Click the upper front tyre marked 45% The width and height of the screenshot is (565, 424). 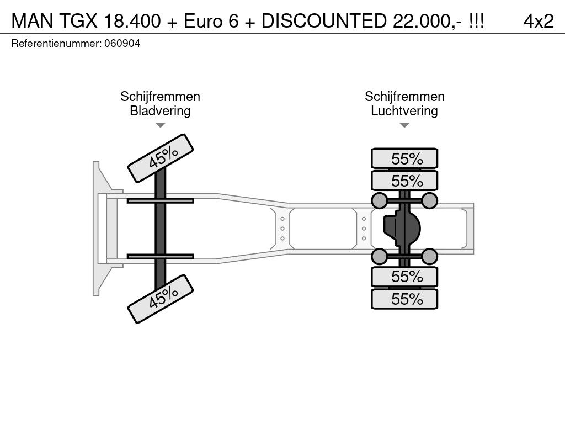coord(161,158)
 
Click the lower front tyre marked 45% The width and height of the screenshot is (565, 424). coord(161,299)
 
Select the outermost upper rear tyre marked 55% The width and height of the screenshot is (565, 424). coord(404,158)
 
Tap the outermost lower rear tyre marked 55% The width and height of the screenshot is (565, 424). coord(404,299)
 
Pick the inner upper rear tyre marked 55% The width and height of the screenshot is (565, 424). coord(404,181)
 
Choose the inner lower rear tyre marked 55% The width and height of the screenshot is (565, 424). coord(404,277)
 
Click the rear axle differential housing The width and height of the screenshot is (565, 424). coord(402,229)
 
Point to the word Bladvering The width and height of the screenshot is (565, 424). coord(160,110)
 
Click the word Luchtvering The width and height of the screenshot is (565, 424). coord(404,110)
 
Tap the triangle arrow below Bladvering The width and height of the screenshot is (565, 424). coord(161,125)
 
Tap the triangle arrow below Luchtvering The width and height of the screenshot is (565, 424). coord(404,125)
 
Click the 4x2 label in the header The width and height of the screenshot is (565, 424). coord(539,21)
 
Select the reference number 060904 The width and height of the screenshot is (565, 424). coord(122,44)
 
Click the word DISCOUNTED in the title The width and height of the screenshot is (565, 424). coord(324,21)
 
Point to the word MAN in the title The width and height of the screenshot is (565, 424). coord(33,21)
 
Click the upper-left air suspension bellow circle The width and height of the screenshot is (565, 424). coord(379,201)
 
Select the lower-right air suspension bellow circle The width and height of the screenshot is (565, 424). coord(429,256)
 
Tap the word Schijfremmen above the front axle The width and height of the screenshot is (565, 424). coord(160,97)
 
